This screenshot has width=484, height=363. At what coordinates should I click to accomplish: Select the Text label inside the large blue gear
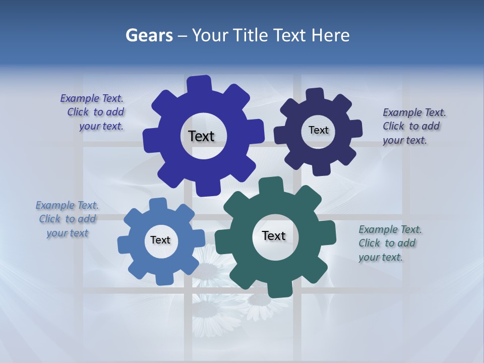(x=201, y=136)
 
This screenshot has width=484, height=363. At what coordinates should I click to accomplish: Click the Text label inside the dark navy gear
(x=318, y=130)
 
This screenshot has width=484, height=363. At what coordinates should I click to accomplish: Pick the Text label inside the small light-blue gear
(x=160, y=240)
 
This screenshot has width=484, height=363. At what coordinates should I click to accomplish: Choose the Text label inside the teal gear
(x=274, y=235)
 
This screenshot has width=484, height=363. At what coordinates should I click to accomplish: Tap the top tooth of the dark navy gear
(x=315, y=95)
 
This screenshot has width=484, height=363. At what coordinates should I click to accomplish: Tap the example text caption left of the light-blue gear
(x=67, y=219)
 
